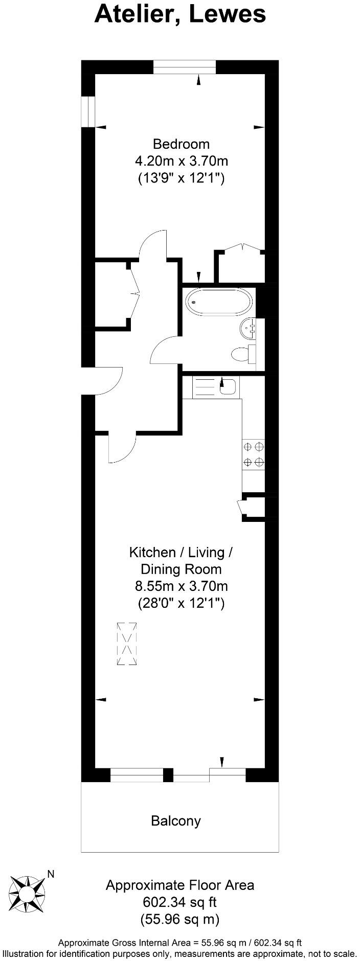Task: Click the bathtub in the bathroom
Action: click(x=218, y=302)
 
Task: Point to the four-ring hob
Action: click(x=254, y=454)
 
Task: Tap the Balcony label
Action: click(x=176, y=821)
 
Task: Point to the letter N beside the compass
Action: click(x=50, y=874)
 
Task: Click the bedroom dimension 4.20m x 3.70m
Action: click(x=182, y=161)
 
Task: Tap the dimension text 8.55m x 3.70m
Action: click(x=181, y=586)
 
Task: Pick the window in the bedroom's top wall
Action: click(x=185, y=67)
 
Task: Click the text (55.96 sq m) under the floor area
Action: click(x=179, y=920)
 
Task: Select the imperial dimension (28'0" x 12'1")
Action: click(x=181, y=603)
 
